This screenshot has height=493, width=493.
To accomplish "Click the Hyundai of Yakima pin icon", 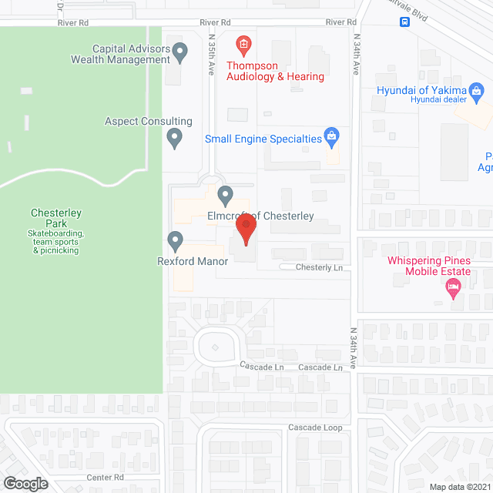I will (478, 94).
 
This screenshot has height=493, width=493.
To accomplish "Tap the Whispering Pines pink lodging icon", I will (453, 290).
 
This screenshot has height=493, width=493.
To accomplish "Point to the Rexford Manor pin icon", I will (175, 242).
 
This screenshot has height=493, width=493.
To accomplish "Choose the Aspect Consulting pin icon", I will (175, 139).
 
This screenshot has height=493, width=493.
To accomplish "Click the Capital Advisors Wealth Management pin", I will (180, 52).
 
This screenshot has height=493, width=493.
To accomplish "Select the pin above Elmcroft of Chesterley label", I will (225, 195).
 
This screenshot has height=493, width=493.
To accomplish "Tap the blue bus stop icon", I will (405, 22).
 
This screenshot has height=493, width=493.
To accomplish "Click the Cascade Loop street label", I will (315, 428).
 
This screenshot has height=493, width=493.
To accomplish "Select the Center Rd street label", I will (106, 478).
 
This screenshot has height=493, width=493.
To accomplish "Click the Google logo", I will (25, 483).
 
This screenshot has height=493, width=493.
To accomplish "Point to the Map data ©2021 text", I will (460, 487).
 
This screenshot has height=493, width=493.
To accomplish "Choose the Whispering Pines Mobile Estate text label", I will (439, 266).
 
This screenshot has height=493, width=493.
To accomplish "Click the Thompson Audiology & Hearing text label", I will (275, 71).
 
